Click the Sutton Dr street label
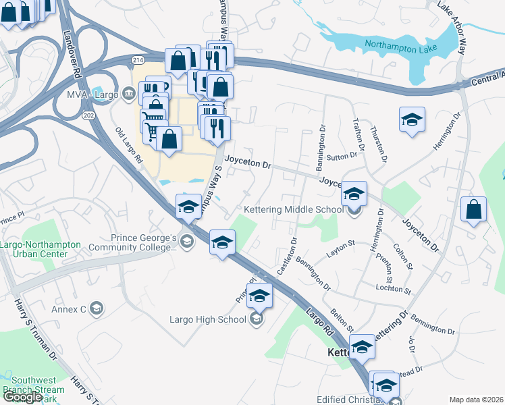[x=341, y=157]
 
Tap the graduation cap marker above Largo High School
[x=259, y=295]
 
